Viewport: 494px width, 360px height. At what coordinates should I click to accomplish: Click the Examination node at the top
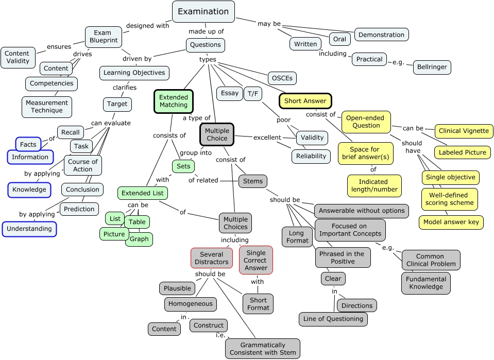[203, 12]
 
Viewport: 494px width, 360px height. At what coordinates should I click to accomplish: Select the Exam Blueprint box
[103, 37]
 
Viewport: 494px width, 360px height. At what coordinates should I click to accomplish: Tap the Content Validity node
[18, 57]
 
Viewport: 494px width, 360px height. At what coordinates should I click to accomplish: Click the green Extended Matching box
[173, 101]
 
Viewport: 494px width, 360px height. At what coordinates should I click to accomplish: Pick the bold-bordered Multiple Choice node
[217, 134]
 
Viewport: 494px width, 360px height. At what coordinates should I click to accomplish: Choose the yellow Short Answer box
[305, 101]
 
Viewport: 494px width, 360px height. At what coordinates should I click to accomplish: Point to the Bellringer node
[432, 67]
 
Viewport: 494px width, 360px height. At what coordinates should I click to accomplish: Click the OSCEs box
[282, 78]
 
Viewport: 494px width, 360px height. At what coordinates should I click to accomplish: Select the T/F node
[253, 94]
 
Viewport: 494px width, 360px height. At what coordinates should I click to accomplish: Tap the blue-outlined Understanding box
[29, 229]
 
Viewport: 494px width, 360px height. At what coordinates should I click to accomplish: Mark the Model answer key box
[451, 222]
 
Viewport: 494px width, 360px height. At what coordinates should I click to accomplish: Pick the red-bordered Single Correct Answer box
[256, 260]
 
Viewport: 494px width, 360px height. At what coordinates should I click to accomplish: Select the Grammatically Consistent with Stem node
[263, 349]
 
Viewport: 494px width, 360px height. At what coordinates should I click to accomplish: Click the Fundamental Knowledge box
[426, 283]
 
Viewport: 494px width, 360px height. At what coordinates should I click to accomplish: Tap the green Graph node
[139, 239]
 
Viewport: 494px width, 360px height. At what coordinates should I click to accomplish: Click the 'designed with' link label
[147, 26]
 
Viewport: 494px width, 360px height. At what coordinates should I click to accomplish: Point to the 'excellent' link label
[267, 138]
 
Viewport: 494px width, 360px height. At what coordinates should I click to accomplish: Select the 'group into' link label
[196, 152]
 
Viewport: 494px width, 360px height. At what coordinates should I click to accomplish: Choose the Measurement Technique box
[46, 107]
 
